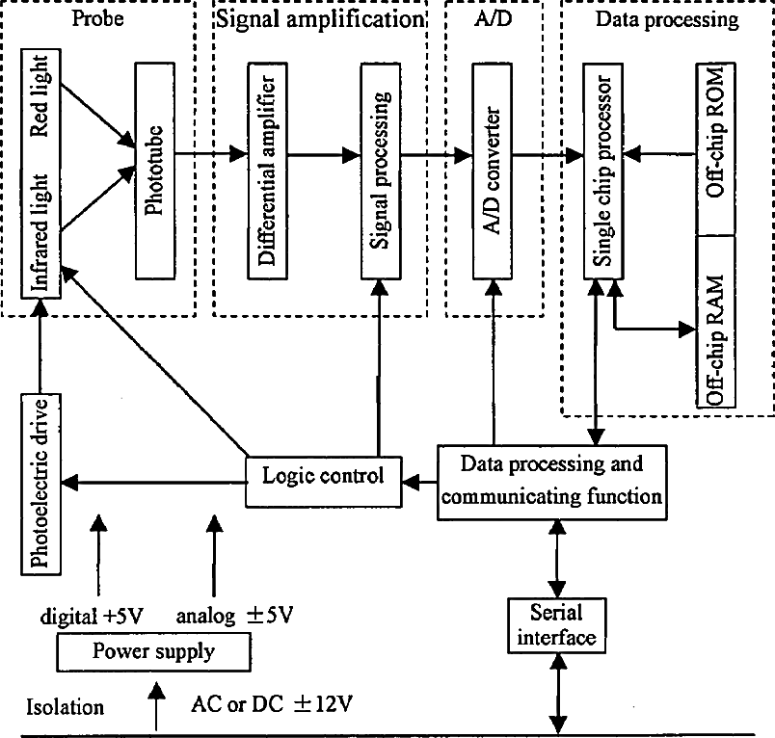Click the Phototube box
point(155,171)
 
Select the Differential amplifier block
point(267,171)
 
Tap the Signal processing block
point(381,171)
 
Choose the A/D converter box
point(493,171)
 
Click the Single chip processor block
point(603,171)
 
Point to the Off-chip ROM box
point(715,148)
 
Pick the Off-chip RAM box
point(715,322)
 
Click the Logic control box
point(324,482)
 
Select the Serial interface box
point(557,625)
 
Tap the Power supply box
point(153,652)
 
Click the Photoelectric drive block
point(41,484)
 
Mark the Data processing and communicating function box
point(552,482)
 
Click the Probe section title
point(98,18)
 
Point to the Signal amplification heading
point(320,20)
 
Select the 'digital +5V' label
point(92,616)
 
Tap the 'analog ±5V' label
point(235,616)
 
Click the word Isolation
point(65,707)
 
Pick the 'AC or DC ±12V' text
point(272,704)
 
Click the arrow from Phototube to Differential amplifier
point(211,153)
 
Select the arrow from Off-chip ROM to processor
point(659,154)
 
